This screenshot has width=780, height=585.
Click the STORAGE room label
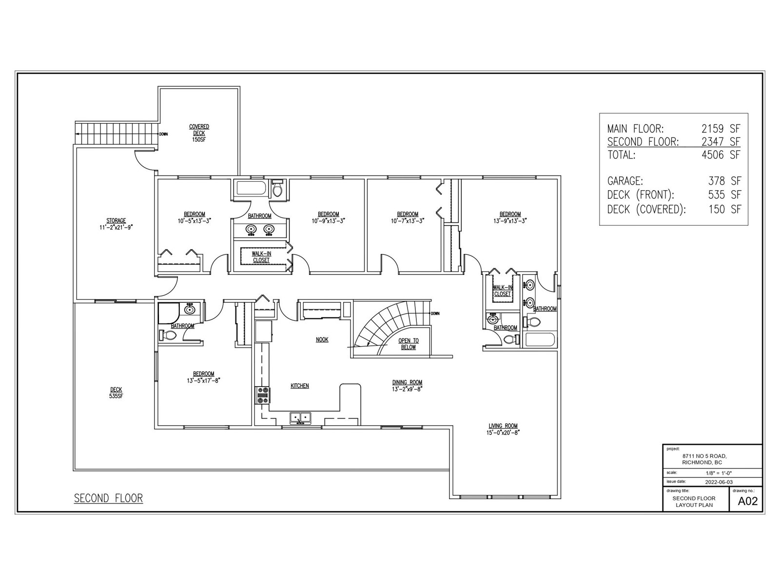tap(116, 220)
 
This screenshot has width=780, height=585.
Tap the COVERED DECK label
tap(199, 130)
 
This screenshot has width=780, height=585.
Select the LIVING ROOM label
tap(503, 426)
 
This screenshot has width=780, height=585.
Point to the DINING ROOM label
tap(407, 383)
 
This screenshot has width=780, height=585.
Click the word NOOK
tap(322, 340)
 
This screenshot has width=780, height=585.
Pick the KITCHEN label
tap(299, 386)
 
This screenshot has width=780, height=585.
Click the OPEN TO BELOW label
tap(409, 344)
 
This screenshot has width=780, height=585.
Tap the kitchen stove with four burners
tap(263, 395)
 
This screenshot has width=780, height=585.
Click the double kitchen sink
tap(300, 418)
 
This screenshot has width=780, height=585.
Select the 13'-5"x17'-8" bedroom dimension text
tap(204, 380)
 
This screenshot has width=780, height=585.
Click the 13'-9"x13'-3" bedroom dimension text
tap(510, 220)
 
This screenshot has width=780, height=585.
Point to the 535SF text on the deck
tap(116, 396)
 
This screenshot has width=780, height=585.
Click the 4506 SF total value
tap(721, 155)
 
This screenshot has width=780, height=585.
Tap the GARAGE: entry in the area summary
tap(625, 181)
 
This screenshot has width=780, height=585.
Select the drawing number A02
tap(748, 501)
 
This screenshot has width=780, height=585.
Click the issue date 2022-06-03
tap(719, 482)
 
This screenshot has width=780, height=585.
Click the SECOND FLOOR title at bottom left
tap(108, 498)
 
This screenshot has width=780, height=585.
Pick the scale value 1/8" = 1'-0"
tap(719, 473)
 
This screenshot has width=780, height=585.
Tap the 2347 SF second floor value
tap(721, 142)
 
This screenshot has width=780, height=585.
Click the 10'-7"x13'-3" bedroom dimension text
tap(407, 220)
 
